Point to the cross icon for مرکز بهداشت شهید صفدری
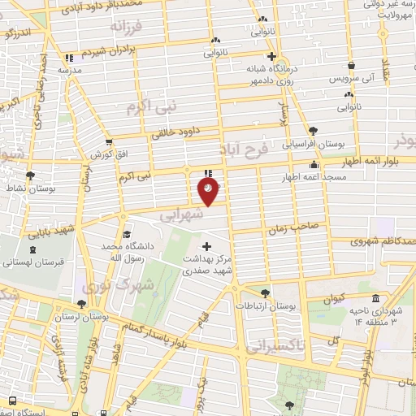206,246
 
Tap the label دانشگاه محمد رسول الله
127,251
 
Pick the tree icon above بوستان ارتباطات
265,293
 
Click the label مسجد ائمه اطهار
313,176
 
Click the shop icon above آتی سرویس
350,67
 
